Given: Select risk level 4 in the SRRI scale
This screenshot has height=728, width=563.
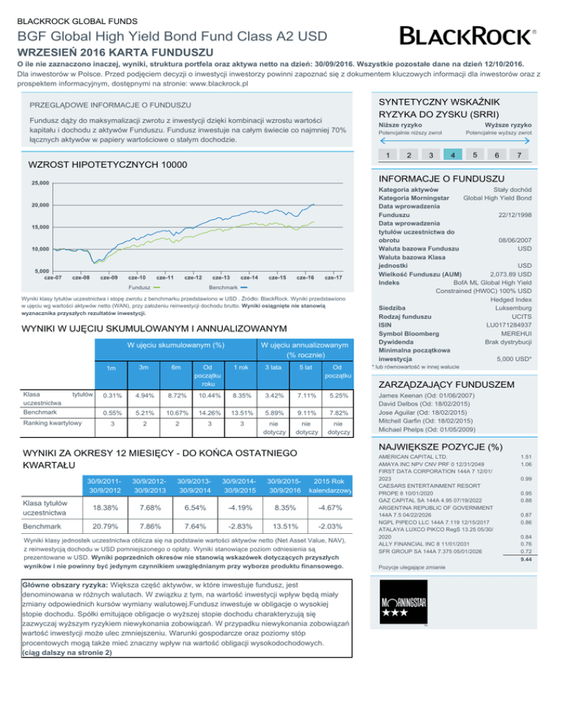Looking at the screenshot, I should [456, 155].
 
